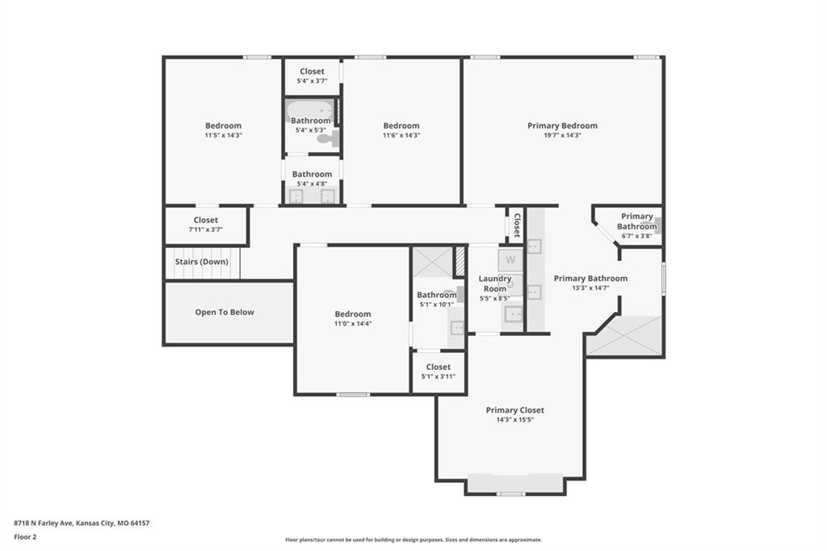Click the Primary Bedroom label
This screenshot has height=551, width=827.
coord(562,125)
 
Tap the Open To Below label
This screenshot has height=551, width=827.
coord(225,312)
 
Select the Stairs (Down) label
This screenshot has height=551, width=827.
coord(201,262)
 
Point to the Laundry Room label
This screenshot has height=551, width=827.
coord(495,284)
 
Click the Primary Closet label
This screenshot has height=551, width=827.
coord(514,410)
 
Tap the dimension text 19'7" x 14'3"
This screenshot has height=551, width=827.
coord(562,135)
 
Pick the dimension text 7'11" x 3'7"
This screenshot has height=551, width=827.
coord(206,229)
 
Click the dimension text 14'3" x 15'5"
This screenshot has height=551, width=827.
coord(514,420)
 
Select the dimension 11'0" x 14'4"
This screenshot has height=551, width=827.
coord(353,323)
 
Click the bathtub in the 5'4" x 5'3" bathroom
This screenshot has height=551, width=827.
coord(310,111)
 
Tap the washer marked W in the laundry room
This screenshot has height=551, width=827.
coord(510,259)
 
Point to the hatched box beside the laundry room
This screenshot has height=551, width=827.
coord(460,261)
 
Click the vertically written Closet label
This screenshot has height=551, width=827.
coord(517,225)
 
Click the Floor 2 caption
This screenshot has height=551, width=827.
coord(25,537)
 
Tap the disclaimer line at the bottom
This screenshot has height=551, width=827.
coord(413,540)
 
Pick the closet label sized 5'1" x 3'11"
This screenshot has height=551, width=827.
coord(439,367)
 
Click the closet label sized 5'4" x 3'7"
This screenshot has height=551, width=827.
coord(312,71)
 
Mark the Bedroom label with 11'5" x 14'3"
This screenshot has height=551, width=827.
coord(223,125)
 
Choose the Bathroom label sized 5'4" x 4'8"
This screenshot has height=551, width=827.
coord(312,175)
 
